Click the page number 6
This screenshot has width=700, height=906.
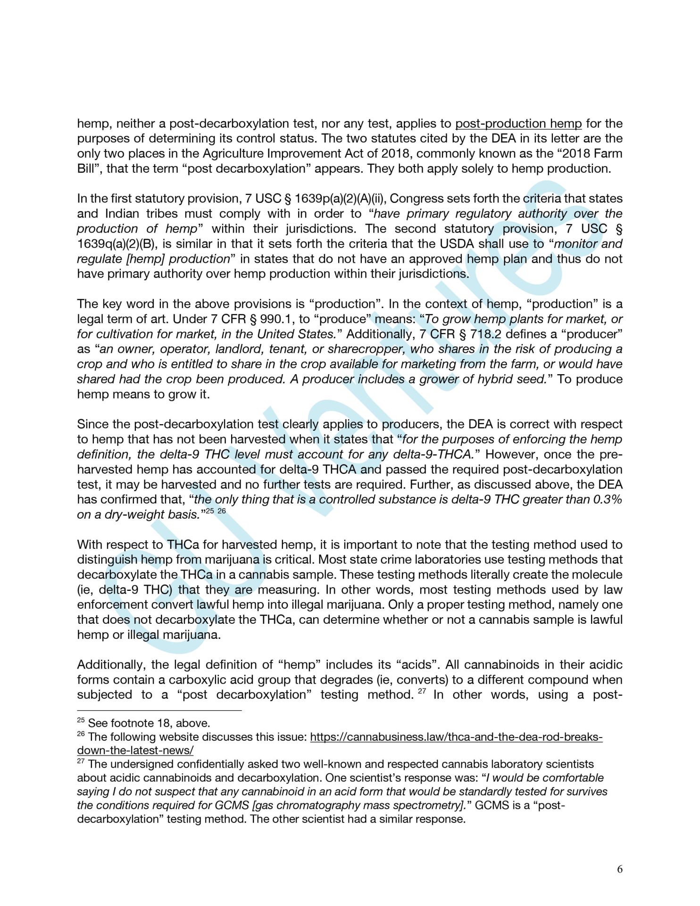619,869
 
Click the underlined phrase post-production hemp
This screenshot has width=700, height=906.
518,124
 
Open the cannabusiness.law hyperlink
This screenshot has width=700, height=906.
456,737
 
